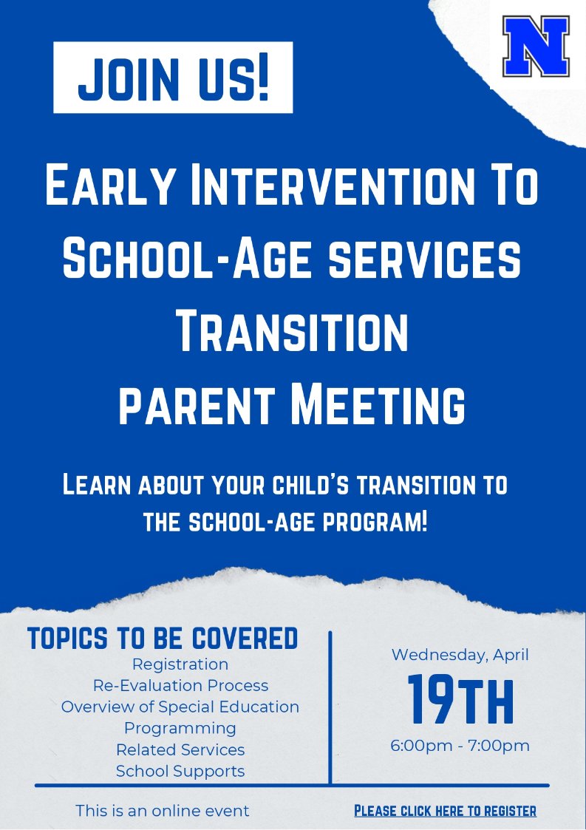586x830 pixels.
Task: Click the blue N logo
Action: (x=536, y=47)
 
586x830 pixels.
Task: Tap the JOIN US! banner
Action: (x=173, y=78)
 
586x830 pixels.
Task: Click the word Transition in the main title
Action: (x=292, y=333)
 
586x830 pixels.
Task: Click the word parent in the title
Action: (x=196, y=405)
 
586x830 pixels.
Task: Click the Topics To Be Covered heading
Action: (x=163, y=638)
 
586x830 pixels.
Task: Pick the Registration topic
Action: (x=180, y=664)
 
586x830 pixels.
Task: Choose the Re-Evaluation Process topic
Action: (x=180, y=685)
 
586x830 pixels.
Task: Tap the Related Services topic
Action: (x=180, y=749)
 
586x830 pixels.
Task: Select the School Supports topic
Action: (x=180, y=771)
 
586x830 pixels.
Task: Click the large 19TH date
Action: (x=460, y=699)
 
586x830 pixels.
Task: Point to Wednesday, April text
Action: (x=460, y=655)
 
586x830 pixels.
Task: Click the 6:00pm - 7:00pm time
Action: (x=460, y=745)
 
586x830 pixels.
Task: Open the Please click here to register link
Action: (x=445, y=811)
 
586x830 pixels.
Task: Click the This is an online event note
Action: (x=163, y=811)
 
